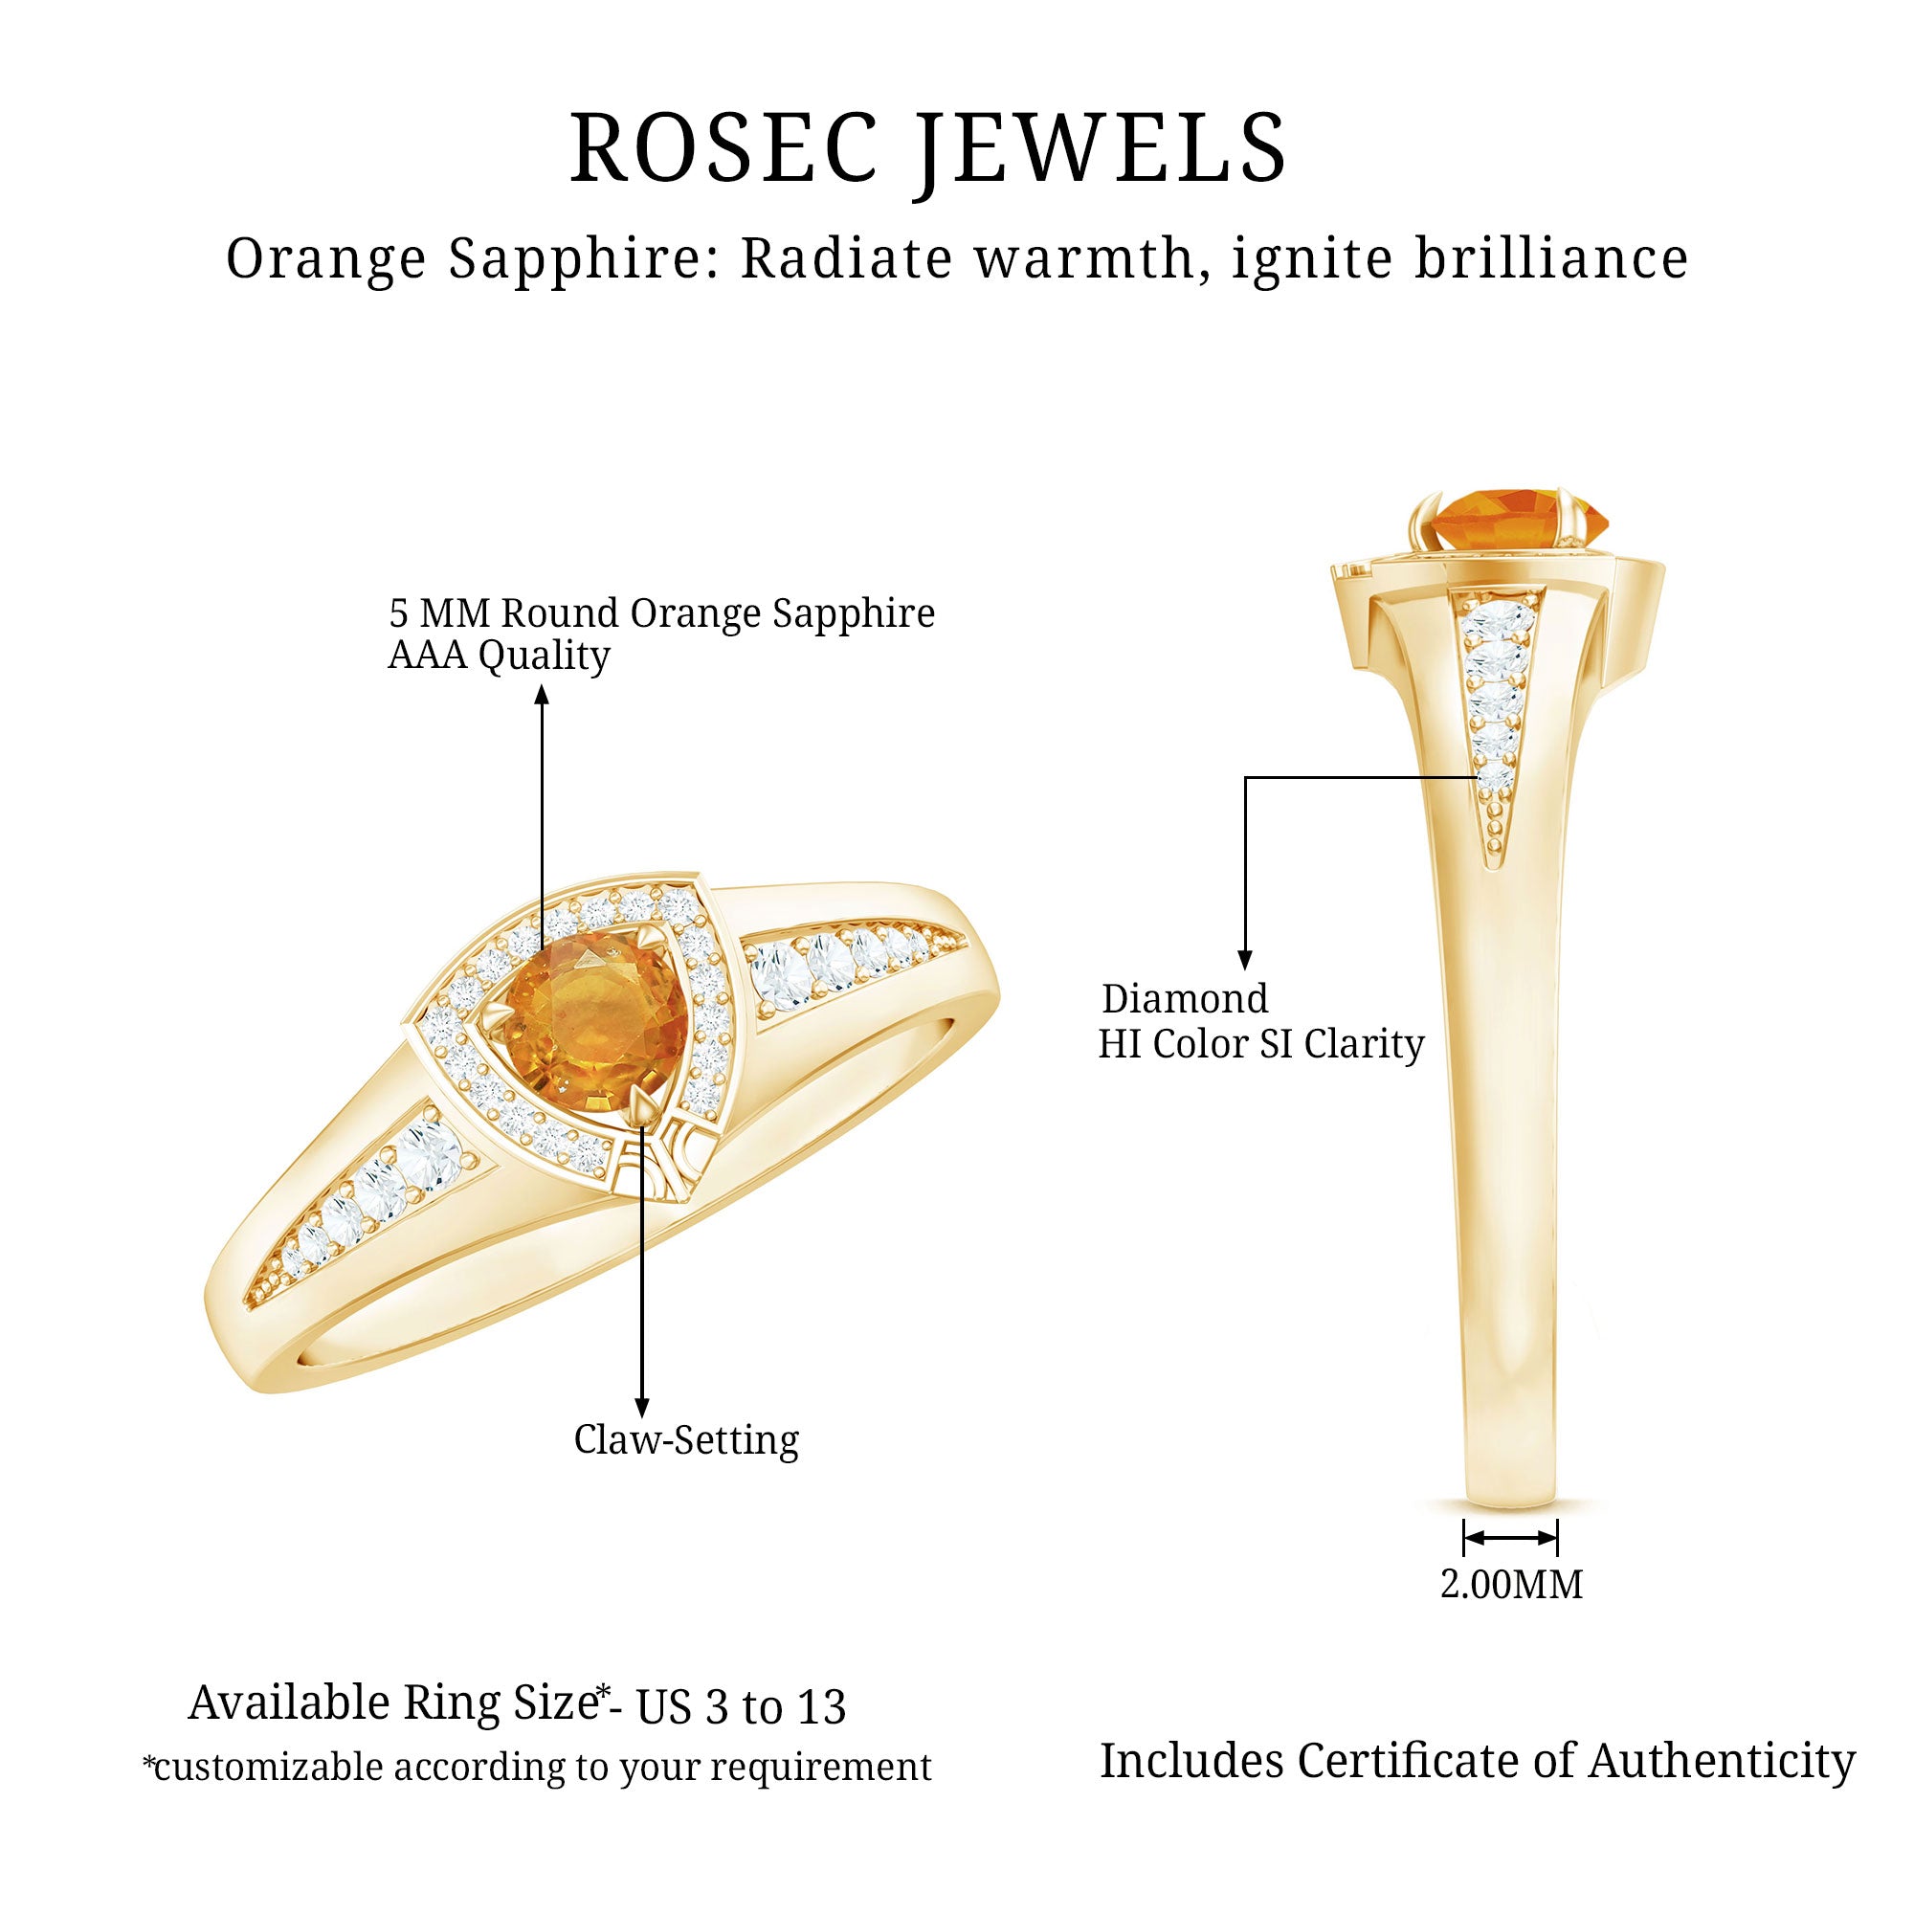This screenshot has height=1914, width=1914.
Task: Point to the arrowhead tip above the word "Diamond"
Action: pyautogui.click(x=1245, y=968)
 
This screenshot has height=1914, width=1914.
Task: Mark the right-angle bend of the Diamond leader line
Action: pyautogui.click(x=1245, y=778)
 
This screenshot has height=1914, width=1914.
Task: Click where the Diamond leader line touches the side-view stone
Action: pyautogui.click(x=1480, y=778)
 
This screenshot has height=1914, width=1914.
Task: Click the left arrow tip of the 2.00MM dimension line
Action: pyautogui.click(x=1465, y=1538)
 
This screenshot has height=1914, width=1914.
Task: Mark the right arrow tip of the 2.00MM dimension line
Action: pyautogui.click(x=1556, y=1538)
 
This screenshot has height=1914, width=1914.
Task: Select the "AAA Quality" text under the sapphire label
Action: pyautogui.click(x=499, y=655)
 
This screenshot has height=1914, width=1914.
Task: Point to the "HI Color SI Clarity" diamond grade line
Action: pyautogui.click(x=1260, y=1044)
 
